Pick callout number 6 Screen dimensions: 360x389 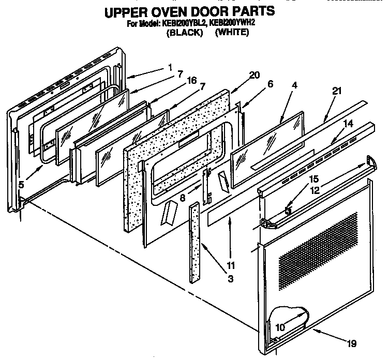click(x=270, y=83)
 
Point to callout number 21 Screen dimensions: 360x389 click(x=337, y=91)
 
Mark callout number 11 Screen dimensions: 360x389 click(x=231, y=267)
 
